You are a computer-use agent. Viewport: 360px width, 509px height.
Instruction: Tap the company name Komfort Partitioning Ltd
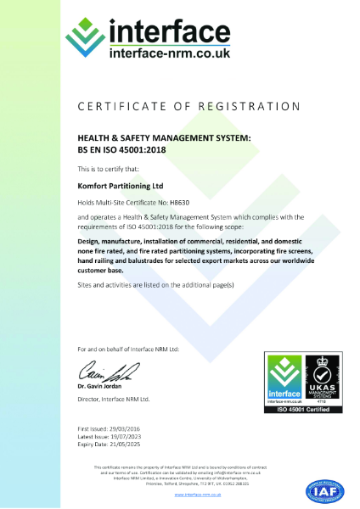116,185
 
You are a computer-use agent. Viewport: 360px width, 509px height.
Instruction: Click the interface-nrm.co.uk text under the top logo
170,53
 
